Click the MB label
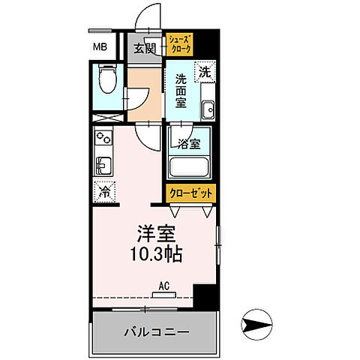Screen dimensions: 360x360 coord(100,49)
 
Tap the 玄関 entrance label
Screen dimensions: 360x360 coord(144,49)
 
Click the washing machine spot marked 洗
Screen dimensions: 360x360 coord(204,73)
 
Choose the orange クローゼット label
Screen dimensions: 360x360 coord(190,193)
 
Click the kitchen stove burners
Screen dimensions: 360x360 coord(103,139)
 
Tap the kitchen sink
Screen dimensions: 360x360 coord(103,165)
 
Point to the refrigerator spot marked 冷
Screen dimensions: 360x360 coord(103,192)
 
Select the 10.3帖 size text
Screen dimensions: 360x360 coord(154,255)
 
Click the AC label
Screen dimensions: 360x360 coord(164,286)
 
